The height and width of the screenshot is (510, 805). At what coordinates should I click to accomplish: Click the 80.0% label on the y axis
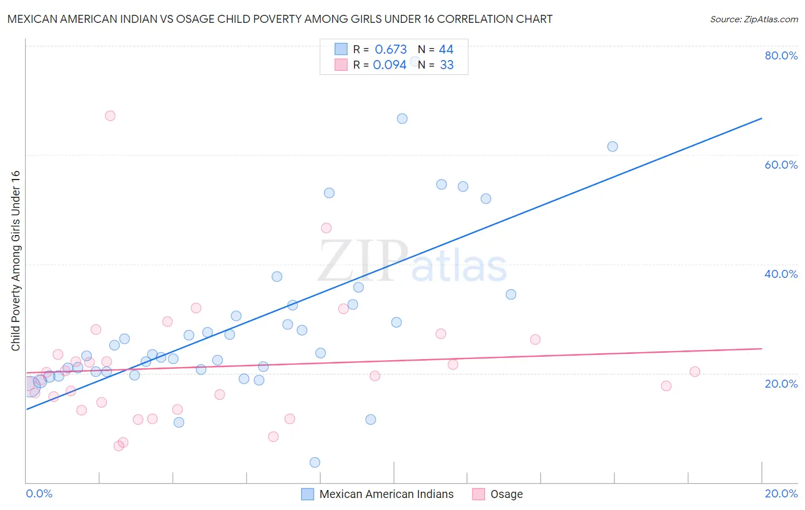click(781, 55)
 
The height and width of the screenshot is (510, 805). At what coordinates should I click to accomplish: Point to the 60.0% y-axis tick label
click(781, 165)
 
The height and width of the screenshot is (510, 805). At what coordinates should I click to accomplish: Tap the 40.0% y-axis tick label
click(781, 274)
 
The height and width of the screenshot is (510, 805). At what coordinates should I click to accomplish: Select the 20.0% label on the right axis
click(781, 384)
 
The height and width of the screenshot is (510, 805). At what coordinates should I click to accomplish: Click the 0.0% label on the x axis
click(39, 493)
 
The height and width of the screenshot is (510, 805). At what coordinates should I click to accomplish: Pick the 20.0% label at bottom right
click(781, 493)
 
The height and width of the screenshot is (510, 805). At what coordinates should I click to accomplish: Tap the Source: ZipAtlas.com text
click(753, 19)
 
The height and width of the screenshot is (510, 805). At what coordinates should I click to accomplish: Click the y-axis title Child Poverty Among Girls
click(15, 260)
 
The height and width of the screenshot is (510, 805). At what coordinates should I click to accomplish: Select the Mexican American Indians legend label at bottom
click(386, 494)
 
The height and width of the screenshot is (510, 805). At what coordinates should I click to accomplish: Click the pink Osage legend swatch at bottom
click(479, 494)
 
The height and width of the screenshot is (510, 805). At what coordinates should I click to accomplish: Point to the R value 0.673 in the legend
click(390, 50)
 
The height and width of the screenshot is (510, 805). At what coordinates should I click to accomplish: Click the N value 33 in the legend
click(447, 65)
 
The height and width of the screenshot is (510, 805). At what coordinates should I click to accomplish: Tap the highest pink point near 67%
click(110, 115)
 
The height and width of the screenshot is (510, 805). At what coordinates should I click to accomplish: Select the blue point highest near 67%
click(402, 118)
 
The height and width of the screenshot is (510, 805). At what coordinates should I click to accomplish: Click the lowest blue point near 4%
click(314, 462)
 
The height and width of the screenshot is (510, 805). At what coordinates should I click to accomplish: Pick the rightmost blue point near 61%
click(612, 146)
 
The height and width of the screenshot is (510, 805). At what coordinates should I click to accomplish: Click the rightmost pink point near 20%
click(694, 372)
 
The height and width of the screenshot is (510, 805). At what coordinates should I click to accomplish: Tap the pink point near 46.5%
click(326, 228)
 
